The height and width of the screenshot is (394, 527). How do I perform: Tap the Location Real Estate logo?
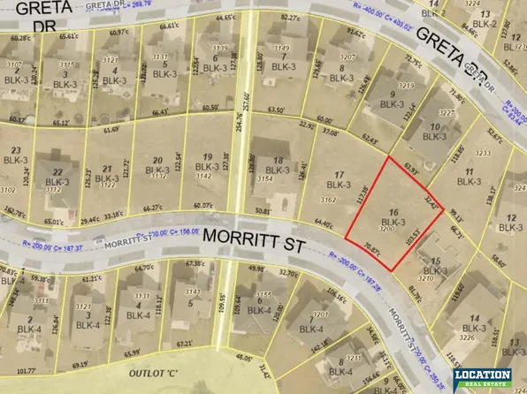(x=482, y=378)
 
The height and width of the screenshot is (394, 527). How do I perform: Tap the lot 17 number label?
(x=334, y=174)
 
